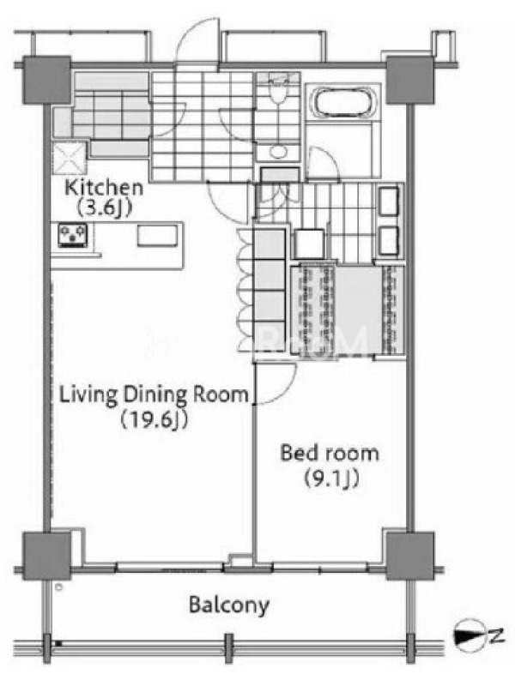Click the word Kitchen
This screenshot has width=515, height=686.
click(104, 188)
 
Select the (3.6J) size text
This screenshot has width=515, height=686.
click(105, 208)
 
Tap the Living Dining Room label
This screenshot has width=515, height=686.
click(154, 394)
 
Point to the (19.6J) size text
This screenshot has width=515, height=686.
click(154, 419)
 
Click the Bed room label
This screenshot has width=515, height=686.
click(330, 453)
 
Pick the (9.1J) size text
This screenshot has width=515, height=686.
click(331, 478)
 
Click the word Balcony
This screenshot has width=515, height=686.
click(229, 605)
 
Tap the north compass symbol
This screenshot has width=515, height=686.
click(470, 633)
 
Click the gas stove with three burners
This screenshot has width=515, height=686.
click(73, 235)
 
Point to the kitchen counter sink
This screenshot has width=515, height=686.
click(158, 236)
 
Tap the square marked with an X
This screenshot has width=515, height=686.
click(70, 159)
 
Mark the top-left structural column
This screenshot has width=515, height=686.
click(46, 80)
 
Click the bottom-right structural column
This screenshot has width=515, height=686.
click(410, 556)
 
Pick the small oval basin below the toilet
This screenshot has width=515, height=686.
click(276, 152)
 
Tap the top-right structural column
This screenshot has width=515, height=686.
click(410, 80)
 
